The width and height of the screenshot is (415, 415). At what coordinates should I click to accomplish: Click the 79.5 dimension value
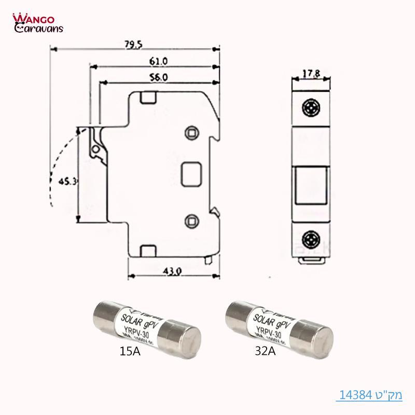(133, 45)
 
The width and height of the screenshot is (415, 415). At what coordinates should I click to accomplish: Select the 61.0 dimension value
(159, 61)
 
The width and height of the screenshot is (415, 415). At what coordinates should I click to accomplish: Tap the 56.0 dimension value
(159, 77)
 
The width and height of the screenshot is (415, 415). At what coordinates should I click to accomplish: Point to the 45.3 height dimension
(67, 182)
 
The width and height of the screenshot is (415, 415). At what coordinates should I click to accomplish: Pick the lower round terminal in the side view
(192, 220)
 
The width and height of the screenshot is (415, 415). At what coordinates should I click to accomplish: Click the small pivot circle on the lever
(96, 151)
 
